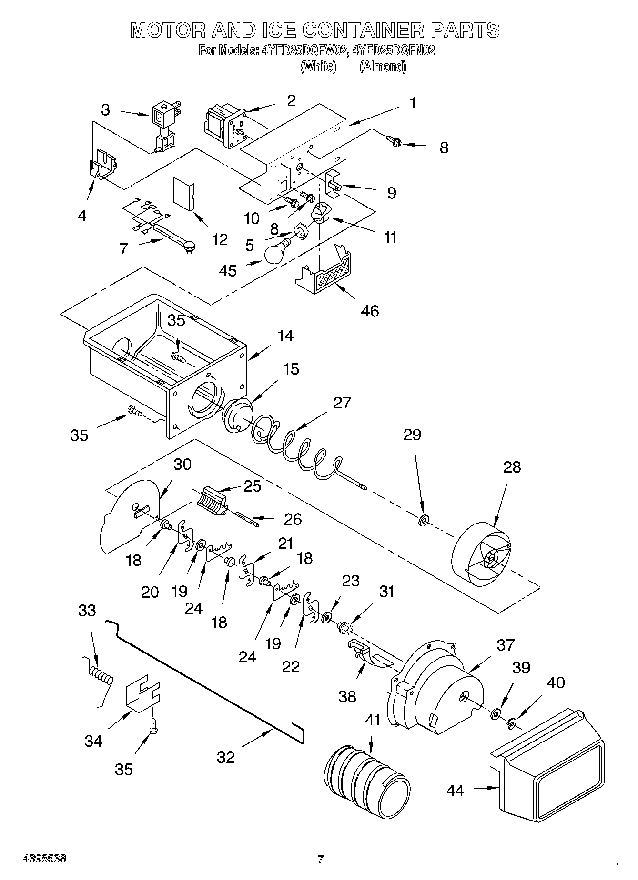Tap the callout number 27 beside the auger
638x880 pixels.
click(x=342, y=403)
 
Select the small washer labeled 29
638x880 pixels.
click(x=423, y=520)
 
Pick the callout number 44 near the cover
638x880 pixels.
click(x=456, y=791)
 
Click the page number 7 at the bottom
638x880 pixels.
click(x=321, y=859)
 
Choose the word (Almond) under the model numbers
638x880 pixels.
click(x=383, y=67)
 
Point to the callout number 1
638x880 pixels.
click(x=413, y=102)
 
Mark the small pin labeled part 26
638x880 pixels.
click(x=247, y=519)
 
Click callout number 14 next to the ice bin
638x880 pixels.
click(x=285, y=336)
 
